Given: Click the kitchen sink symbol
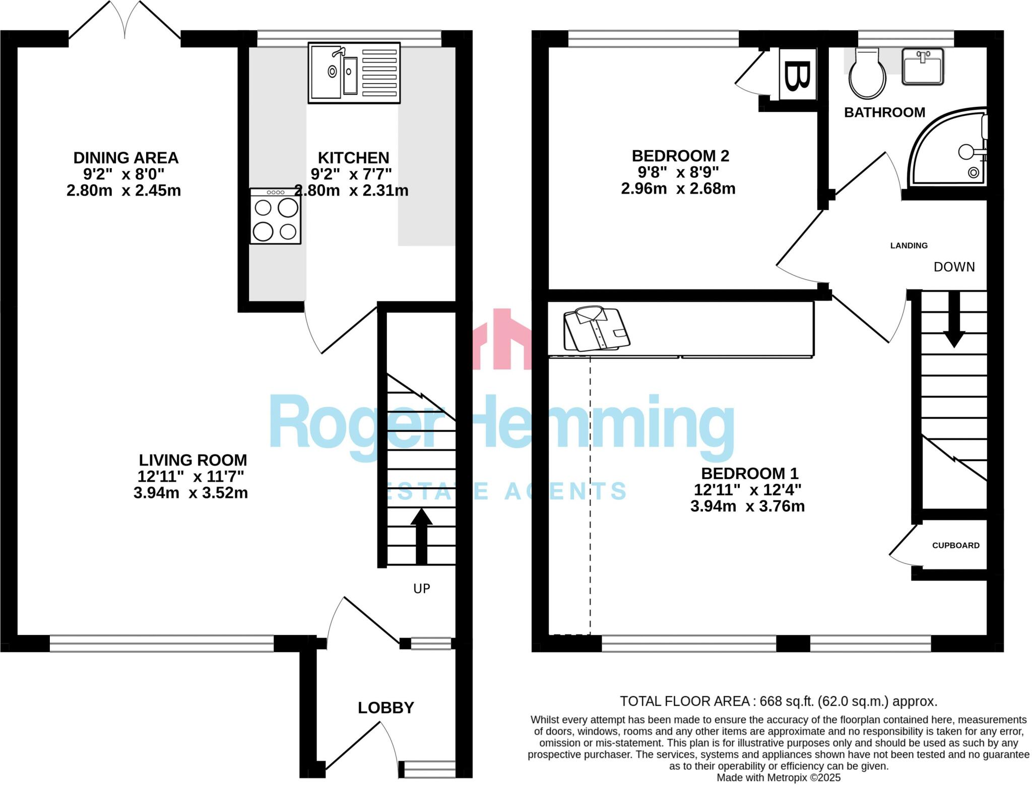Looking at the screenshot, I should pyautogui.click(x=354, y=73).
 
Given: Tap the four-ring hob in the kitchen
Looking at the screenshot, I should pyautogui.click(x=275, y=217).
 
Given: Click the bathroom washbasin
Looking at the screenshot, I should pyautogui.click(x=922, y=67).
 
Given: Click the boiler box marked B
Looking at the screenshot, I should pyautogui.click(x=797, y=75).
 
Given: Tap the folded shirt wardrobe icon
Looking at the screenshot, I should pyautogui.click(x=596, y=328).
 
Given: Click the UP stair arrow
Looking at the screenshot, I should pyautogui.click(x=421, y=536).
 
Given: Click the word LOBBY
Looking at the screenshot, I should pyautogui.click(x=385, y=708).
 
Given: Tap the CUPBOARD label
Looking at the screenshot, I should pyautogui.click(x=955, y=545).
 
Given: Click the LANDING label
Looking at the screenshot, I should pyautogui.click(x=909, y=245).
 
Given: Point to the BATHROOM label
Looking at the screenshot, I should pyautogui.click(x=884, y=112).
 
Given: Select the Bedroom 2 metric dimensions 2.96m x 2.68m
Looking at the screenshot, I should pyautogui.click(x=678, y=188).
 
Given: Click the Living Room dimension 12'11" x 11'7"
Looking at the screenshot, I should pyautogui.click(x=190, y=476).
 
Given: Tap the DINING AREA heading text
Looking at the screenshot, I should pyautogui.click(x=126, y=158).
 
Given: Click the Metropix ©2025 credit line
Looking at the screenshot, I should pyautogui.click(x=779, y=777).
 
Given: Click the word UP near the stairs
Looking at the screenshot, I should pyautogui.click(x=421, y=588).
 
